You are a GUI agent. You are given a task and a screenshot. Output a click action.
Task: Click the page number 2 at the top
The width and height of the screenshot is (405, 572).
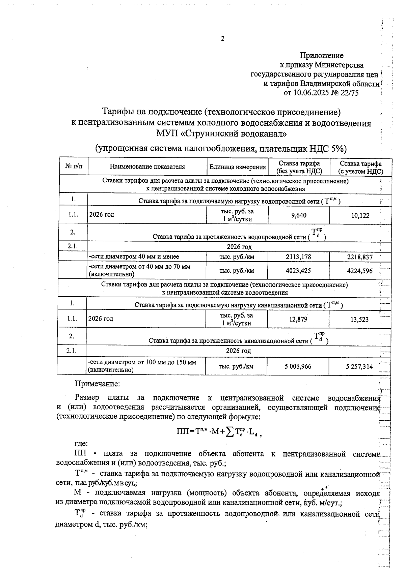[x=222, y=39]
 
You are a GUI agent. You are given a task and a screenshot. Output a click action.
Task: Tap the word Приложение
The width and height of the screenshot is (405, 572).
[x=322, y=55]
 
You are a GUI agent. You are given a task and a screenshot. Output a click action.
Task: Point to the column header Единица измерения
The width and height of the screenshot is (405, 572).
[x=237, y=167]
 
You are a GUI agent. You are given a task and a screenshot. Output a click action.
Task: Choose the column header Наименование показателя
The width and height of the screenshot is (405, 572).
[x=147, y=167]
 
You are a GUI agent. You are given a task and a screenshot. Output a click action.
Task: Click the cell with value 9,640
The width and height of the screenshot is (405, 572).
[x=299, y=215]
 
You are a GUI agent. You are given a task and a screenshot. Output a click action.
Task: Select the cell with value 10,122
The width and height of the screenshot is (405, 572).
[x=360, y=215]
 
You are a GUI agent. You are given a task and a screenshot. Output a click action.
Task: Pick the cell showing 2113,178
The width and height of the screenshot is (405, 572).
[x=298, y=257]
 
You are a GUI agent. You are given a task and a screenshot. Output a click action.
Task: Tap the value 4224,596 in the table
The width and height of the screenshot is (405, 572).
[x=360, y=271]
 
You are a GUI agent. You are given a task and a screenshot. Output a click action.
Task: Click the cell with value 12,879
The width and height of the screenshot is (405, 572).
[x=298, y=319]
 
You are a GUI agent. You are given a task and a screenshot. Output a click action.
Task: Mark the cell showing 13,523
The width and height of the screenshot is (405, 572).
[x=359, y=319]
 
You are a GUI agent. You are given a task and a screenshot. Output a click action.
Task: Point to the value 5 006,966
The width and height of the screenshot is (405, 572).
[x=298, y=366]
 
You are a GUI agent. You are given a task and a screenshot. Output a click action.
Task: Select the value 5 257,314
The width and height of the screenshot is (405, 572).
[x=359, y=367]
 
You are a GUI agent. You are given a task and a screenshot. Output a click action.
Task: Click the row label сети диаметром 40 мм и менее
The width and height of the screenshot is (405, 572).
[x=134, y=257]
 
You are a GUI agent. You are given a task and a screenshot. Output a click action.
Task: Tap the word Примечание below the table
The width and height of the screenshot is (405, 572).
[x=97, y=384]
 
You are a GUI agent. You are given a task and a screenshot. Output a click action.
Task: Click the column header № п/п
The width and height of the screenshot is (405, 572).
[x=74, y=167]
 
